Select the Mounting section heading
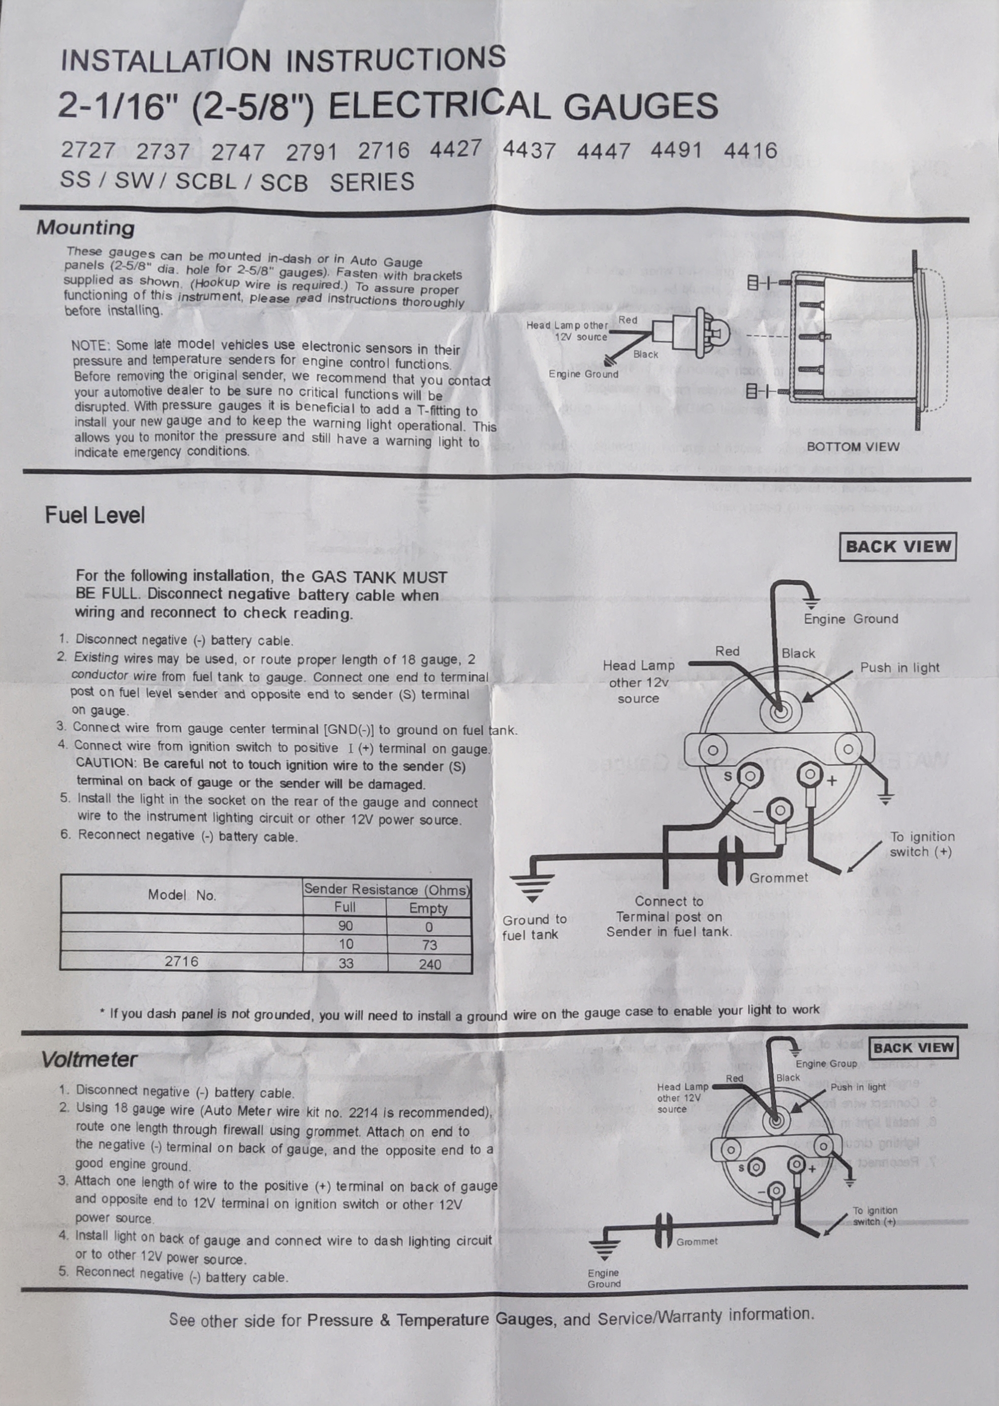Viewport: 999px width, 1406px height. click(x=86, y=227)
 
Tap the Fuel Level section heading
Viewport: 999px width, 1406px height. click(x=94, y=515)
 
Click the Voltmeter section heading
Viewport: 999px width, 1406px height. click(x=89, y=1060)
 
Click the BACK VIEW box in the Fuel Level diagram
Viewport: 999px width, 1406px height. click(x=898, y=547)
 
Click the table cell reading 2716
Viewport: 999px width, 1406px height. click(x=182, y=961)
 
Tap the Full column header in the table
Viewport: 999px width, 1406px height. click(x=345, y=907)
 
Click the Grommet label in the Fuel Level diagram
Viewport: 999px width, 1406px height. click(x=778, y=877)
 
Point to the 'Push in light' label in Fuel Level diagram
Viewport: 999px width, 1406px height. click(x=900, y=667)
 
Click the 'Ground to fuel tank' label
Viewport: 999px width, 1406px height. click(x=534, y=927)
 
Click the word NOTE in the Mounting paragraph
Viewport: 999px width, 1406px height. click(x=90, y=345)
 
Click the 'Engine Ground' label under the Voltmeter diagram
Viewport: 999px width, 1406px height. click(x=603, y=1279)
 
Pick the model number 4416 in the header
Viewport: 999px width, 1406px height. click(x=750, y=150)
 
